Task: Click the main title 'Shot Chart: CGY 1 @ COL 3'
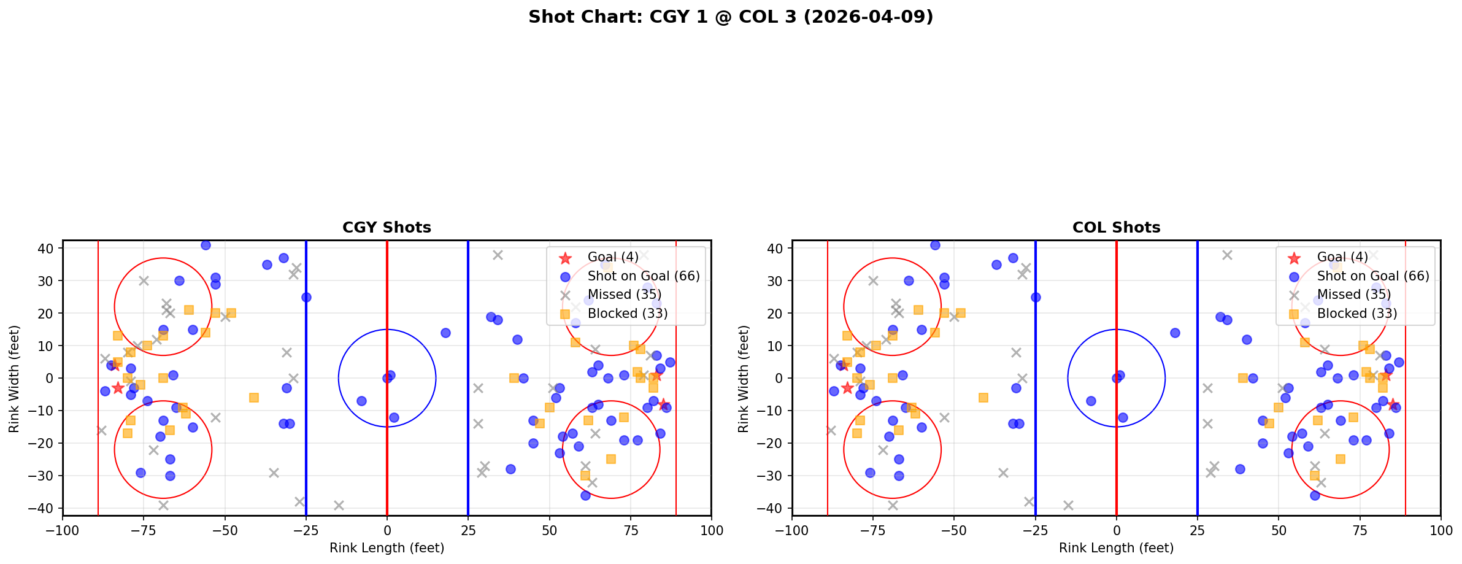click(x=730, y=17)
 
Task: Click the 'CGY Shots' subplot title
click(x=387, y=228)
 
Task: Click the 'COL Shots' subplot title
click(x=1116, y=228)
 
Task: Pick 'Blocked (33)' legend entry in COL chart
click(x=1356, y=314)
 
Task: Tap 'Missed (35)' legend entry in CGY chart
click(x=624, y=295)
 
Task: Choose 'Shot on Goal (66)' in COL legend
click(x=1372, y=276)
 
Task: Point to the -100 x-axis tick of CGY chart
click(x=63, y=530)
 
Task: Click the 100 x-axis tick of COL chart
click(x=1440, y=530)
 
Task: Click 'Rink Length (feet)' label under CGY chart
click(x=387, y=548)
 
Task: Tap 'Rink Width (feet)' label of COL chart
click(x=744, y=379)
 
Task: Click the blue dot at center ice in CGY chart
click(x=387, y=378)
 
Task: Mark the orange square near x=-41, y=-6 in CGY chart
click(x=254, y=398)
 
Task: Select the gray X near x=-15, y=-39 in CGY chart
click(x=339, y=505)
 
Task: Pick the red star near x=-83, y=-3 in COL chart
click(x=847, y=388)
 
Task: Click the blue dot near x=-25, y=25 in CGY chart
click(x=306, y=297)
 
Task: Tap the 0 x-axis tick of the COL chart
click(x=1116, y=530)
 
